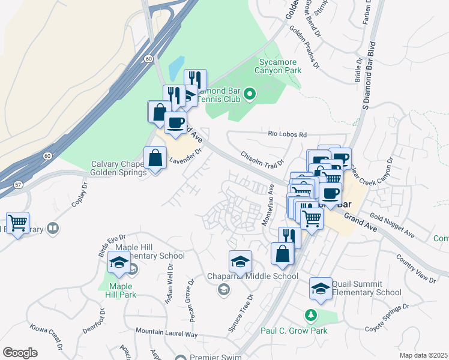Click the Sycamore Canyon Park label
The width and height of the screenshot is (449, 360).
click(x=280, y=66)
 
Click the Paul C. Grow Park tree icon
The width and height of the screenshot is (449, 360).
click(x=310, y=314)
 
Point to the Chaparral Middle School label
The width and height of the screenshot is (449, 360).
click(x=261, y=277)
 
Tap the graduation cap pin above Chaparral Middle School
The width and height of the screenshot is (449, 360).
click(x=240, y=262)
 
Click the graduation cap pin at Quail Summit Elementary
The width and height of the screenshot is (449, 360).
click(x=321, y=289)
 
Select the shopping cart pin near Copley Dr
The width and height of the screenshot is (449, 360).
click(x=17, y=223)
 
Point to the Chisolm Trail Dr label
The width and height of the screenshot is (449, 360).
click(x=262, y=160)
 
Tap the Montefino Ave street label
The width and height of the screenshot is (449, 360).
click(x=268, y=205)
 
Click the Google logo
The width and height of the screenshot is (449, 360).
click(x=20, y=353)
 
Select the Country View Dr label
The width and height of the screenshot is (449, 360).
click(x=416, y=268)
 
